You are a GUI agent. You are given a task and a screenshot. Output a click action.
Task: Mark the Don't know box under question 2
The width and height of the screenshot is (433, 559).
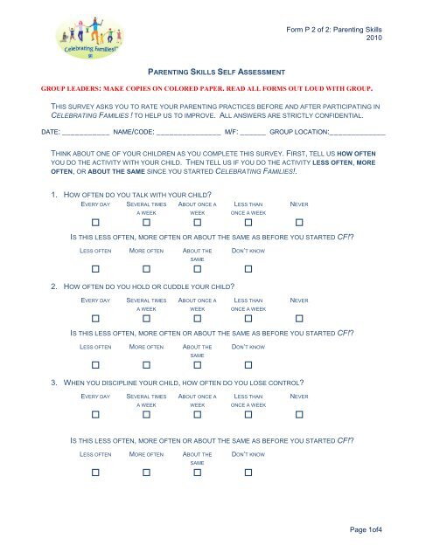pyautogui.click(x=248, y=368)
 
